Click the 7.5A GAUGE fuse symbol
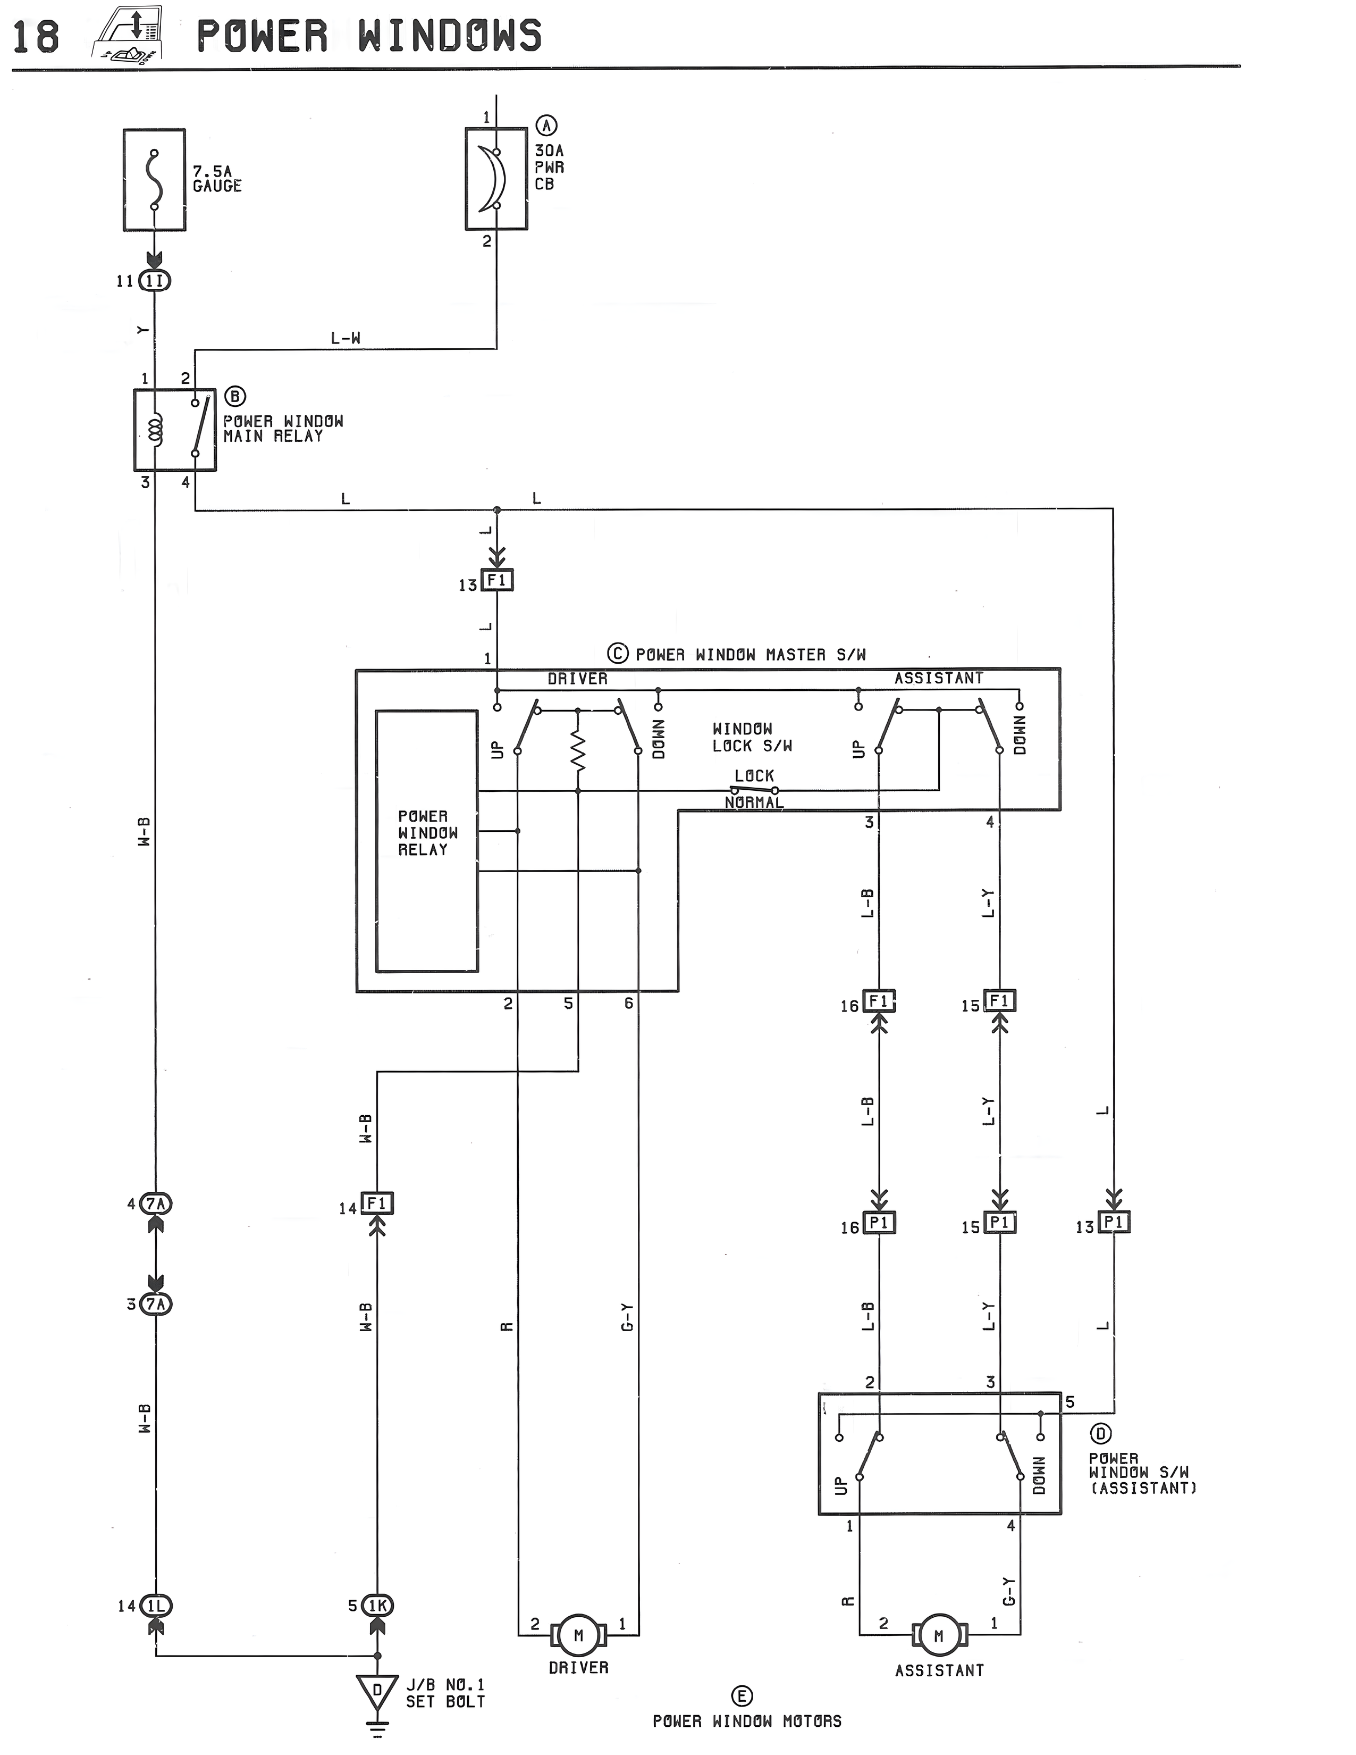tap(154, 180)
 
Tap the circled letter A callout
tap(547, 126)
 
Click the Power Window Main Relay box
tap(174, 430)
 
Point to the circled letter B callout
tap(234, 396)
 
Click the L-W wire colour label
tap(346, 338)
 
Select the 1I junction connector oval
tap(155, 280)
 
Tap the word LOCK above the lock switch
tap(754, 775)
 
